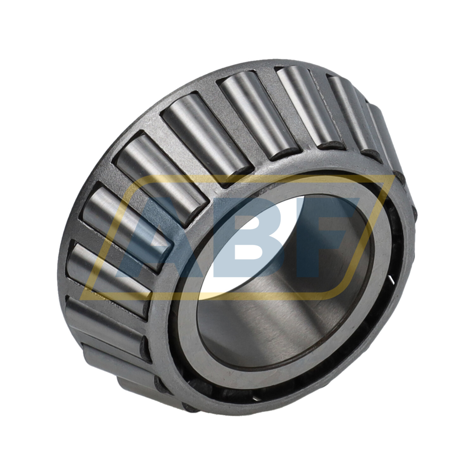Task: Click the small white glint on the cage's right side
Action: [392, 280]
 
